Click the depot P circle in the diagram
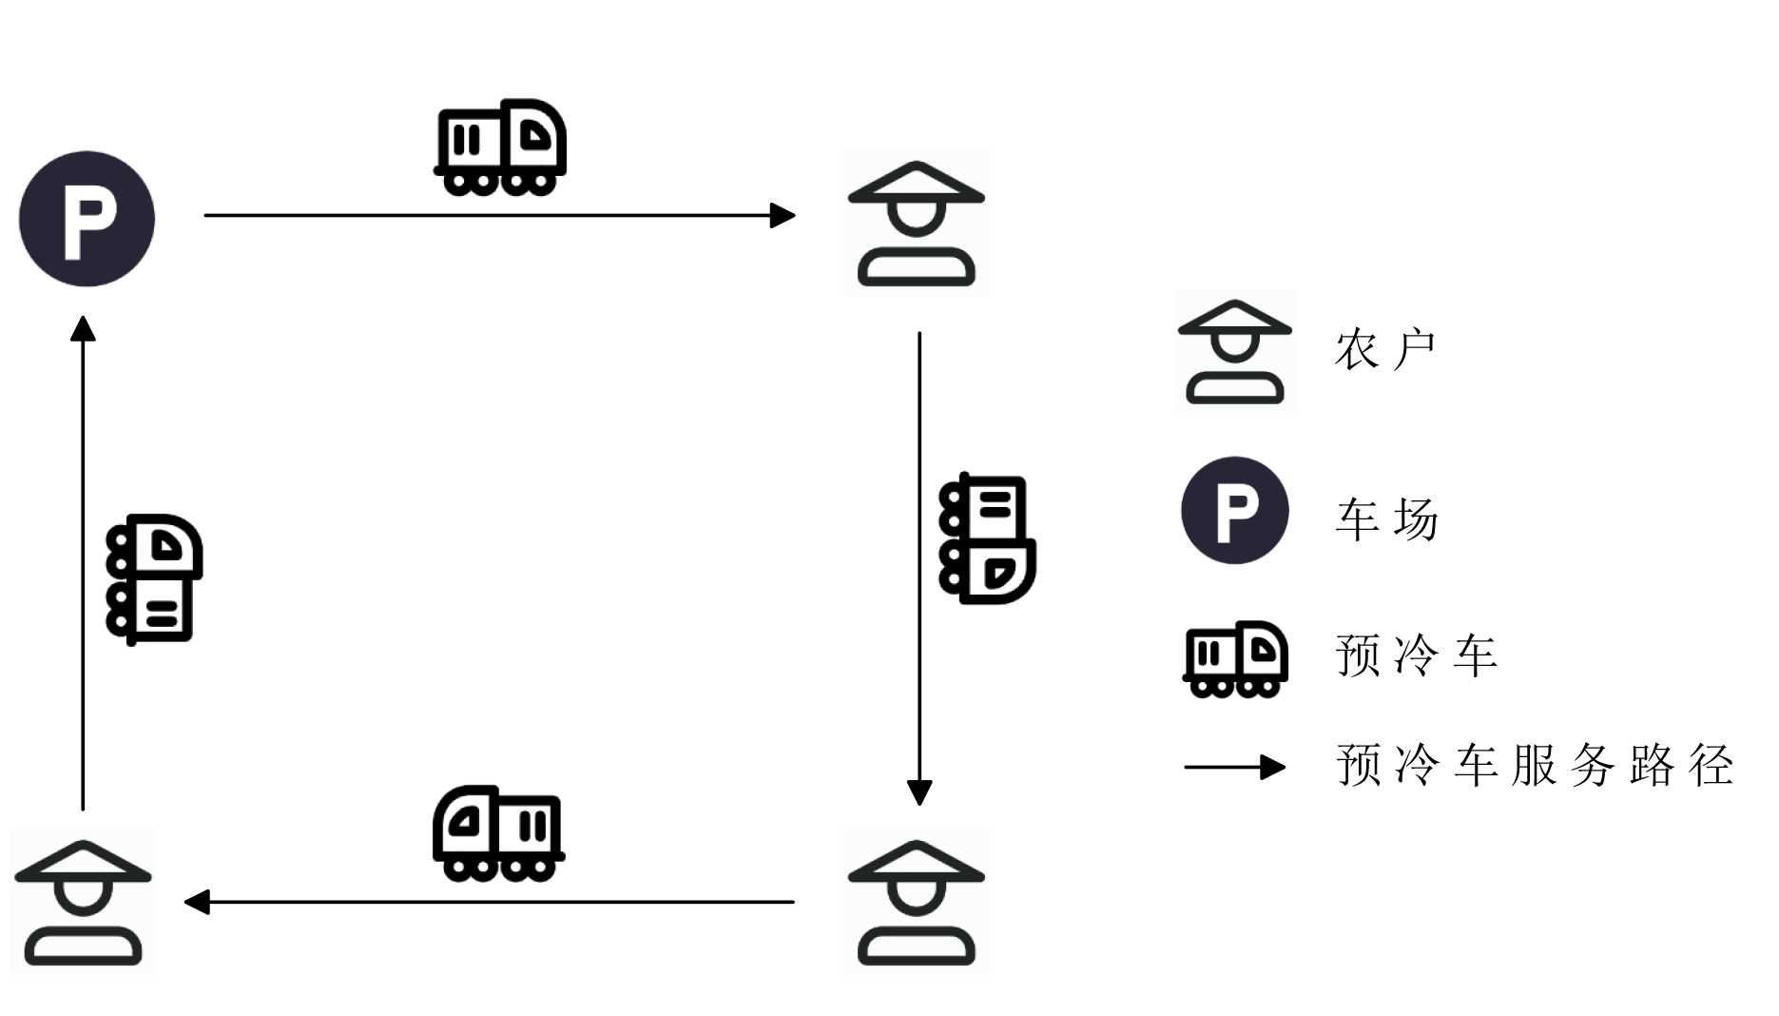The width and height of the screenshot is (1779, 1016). tap(87, 219)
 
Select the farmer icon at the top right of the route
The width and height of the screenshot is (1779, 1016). tap(916, 225)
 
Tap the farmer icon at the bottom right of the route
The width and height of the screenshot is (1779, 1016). tap(916, 903)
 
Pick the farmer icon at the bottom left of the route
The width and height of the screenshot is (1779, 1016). tap(83, 903)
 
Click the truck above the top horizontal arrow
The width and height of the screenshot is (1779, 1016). tap(500, 147)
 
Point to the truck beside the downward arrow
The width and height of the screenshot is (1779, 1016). tap(986, 538)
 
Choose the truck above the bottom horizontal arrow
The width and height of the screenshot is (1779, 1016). tap(498, 833)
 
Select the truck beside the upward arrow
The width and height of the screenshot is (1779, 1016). tap(153, 579)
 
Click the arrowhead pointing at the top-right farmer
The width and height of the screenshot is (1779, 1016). tap(783, 215)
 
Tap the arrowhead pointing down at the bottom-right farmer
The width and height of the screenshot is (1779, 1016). tap(919, 791)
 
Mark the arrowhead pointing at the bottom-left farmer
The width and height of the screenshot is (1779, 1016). tap(197, 902)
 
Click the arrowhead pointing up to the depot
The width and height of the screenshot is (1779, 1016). tap(83, 329)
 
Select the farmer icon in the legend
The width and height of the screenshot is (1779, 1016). tap(1234, 353)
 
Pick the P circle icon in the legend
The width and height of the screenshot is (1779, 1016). tap(1234, 511)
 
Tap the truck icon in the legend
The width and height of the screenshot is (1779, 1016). tap(1234, 659)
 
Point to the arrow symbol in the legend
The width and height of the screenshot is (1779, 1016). tap(1234, 767)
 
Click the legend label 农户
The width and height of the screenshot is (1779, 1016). tap(1384, 350)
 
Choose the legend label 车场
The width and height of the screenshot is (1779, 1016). tap(1386, 519)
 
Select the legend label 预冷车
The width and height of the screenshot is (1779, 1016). tap(1416, 655)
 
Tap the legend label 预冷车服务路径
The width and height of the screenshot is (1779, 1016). tap(1534, 765)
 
